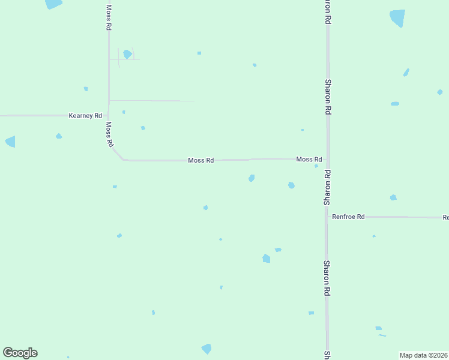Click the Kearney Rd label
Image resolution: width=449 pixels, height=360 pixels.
click(x=85, y=115)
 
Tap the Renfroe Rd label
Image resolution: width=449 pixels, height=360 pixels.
click(x=349, y=217)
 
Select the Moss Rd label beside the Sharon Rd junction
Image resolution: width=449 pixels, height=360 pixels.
click(x=309, y=160)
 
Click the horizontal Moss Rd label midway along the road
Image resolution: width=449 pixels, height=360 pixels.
click(x=201, y=161)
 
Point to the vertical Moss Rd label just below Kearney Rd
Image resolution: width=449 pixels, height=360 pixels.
click(x=109, y=134)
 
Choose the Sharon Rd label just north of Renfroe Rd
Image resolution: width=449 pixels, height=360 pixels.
click(x=327, y=187)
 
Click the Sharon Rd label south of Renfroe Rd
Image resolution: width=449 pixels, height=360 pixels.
click(x=327, y=277)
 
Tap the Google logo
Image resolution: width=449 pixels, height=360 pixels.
click(x=20, y=353)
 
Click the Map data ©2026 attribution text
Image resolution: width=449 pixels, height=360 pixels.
click(x=424, y=355)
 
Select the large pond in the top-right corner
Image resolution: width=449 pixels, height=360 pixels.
click(x=397, y=17)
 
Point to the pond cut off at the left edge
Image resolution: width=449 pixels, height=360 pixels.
click(x=10, y=142)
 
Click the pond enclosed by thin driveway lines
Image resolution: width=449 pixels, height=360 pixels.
click(x=127, y=54)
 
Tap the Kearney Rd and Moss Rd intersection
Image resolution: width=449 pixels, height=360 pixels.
click(x=108, y=115)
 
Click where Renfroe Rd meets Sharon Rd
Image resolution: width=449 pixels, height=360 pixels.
click(x=327, y=217)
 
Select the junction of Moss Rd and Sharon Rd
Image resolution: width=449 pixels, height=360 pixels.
click(x=327, y=160)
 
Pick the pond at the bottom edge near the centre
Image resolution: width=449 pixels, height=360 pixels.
click(x=206, y=349)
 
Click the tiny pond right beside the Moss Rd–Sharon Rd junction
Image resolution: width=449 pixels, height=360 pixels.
click(x=316, y=166)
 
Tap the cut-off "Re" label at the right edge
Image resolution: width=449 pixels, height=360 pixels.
click(x=445, y=217)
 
